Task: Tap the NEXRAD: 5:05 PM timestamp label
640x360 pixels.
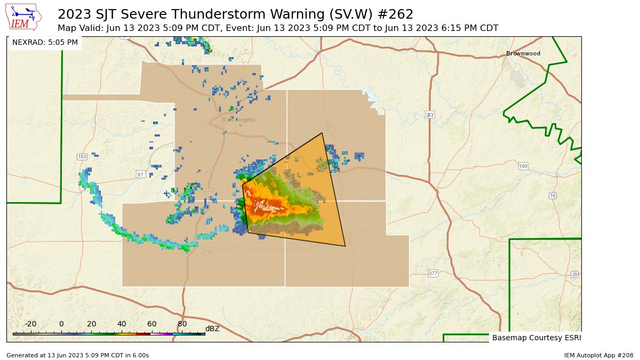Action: point(45,42)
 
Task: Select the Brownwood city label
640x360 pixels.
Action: point(523,53)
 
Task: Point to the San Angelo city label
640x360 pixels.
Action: point(238,119)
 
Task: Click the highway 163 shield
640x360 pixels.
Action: point(82,157)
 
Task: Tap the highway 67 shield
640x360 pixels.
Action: point(140,174)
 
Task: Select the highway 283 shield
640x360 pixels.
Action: point(430,115)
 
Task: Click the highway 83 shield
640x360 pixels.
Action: point(329,126)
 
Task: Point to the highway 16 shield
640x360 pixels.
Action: point(553,196)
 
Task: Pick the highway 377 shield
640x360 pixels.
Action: point(433,274)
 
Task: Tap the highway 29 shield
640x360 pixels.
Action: point(574,274)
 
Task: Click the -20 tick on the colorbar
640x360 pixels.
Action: point(31,324)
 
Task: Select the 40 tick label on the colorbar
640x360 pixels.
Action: point(122,324)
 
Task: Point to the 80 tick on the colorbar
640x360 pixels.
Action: point(182,324)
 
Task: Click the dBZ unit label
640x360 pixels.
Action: point(212,329)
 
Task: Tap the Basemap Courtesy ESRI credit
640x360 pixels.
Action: point(536,338)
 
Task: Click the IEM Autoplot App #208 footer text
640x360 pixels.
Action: point(598,355)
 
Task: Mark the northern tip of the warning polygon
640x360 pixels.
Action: point(322,133)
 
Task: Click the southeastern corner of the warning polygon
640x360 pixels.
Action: point(345,246)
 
